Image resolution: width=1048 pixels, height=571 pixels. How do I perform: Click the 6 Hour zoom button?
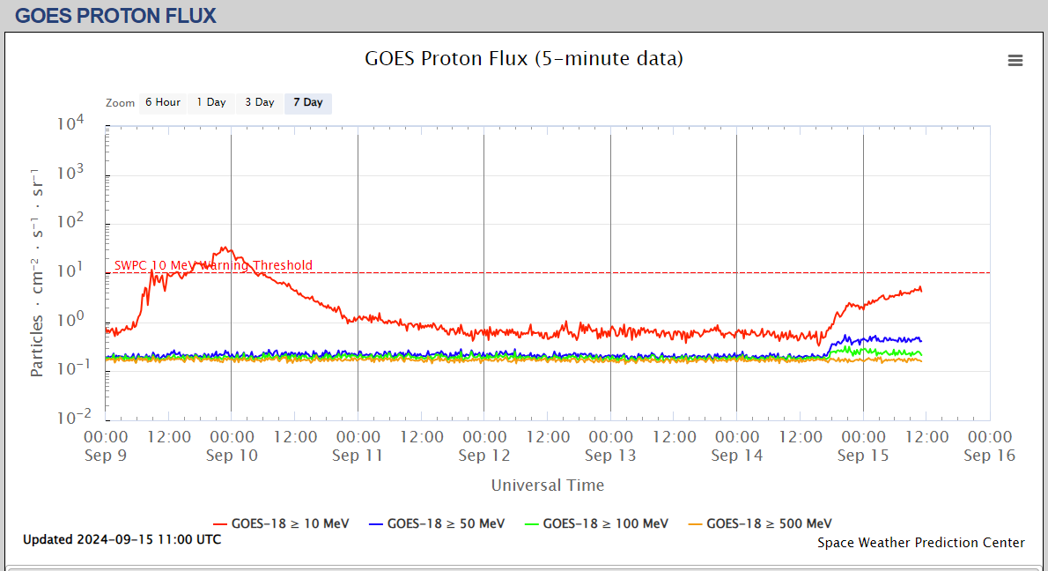click(163, 102)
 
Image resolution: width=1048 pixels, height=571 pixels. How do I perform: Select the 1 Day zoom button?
click(211, 102)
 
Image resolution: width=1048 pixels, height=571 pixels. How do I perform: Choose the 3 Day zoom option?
click(260, 102)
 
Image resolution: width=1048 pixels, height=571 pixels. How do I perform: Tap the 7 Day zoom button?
click(308, 102)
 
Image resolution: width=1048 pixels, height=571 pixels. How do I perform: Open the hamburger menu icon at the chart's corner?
click(1015, 60)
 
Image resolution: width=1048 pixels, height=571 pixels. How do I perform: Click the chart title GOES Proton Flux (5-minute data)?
click(524, 59)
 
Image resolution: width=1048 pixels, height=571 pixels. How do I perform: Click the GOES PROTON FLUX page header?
click(115, 16)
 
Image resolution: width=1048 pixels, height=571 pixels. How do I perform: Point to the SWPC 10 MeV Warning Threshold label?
click(213, 265)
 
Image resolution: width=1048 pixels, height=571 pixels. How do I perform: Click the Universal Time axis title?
click(548, 485)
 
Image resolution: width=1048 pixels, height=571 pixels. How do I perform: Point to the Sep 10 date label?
click(232, 456)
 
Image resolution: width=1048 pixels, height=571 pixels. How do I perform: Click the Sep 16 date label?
click(990, 456)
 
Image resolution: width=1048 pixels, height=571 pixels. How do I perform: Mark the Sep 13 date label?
click(611, 456)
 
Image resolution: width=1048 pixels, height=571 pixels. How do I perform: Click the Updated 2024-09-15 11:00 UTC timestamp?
click(122, 539)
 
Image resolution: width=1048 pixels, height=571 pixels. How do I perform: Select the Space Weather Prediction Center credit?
click(921, 543)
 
